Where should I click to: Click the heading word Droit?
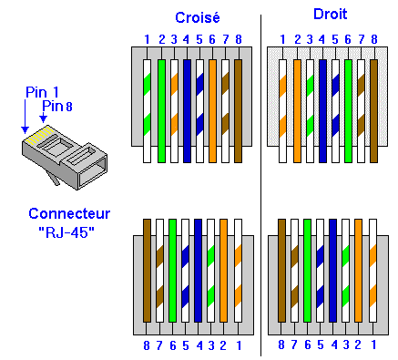tap(330, 15)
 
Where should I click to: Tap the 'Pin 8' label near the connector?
tap(56, 107)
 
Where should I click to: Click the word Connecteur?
tap(69, 213)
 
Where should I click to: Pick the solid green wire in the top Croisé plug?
tap(160, 109)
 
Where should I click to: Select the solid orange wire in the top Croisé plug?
tap(212, 109)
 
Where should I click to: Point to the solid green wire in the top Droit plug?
tap(347, 109)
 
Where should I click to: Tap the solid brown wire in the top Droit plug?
tap(373, 109)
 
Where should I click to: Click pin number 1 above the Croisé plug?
tap(147, 39)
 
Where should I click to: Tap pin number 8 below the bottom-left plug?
tap(147, 345)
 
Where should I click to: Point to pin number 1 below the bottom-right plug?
tap(372, 345)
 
